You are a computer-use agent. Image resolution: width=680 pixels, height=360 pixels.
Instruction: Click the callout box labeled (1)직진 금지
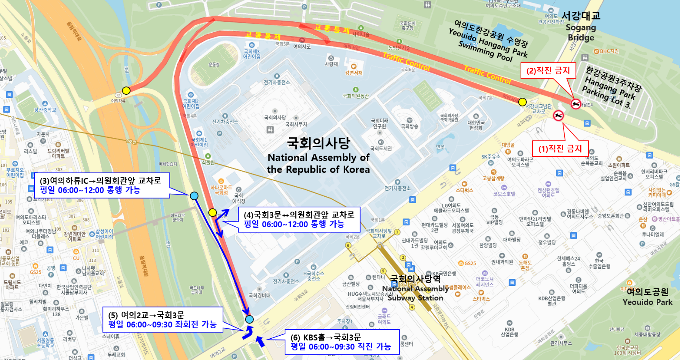click(x=560, y=148)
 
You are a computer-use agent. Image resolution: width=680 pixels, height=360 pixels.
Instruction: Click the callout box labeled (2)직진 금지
click(x=548, y=70)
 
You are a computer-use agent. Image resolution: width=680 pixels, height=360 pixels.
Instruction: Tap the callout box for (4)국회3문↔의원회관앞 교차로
click(x=299, y=220)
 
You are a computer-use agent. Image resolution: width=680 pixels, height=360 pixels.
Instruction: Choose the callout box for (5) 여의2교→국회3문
click(x=162, y=320)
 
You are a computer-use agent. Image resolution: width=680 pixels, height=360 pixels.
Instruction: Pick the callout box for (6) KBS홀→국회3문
click(x=342, y=342)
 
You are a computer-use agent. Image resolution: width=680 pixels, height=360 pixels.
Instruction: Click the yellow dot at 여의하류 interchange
click(x=126, y=91)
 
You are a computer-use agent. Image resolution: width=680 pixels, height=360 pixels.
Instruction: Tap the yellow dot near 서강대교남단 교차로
click(x=522, y=102)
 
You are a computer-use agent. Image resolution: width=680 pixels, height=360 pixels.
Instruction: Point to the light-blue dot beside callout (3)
click(x=194, y=196)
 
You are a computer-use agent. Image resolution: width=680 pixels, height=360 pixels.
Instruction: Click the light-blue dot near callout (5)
click(x=249, y=319)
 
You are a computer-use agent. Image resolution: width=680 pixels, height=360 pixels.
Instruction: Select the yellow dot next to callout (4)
click(x=212, y=212)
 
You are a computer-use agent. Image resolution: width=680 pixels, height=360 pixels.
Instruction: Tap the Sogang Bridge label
click(x=581, y=27)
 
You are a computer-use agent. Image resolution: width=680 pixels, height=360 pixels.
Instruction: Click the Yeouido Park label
click(x=647, y=297)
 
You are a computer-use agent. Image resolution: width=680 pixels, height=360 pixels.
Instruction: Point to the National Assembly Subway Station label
click(x=415, y=288)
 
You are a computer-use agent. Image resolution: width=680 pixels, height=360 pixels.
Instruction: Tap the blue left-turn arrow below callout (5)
click(x=248, y=333)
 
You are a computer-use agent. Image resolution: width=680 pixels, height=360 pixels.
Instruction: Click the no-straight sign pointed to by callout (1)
click(x=558, y=116)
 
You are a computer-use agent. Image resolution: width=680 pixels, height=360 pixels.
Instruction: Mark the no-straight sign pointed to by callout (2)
click(x=576, y=103)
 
